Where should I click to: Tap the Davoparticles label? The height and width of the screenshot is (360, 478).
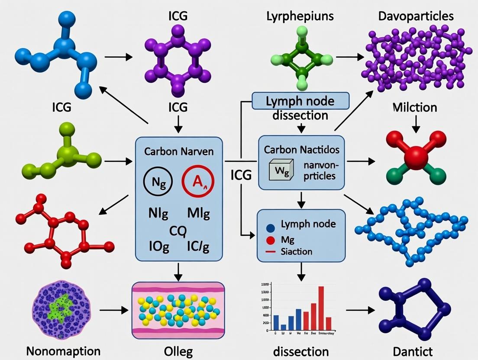pyautogui.click(x=416, y=16)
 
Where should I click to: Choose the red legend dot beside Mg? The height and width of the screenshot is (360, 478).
pyautogui.click(x=271, y=240)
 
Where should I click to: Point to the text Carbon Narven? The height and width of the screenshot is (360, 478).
pyautogui.click(x=179, y=152)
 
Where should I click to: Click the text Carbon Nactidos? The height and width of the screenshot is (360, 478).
pyautogui.click(x=302, y=150)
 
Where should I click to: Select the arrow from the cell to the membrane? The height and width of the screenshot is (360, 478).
pyautogui.click(x=113, y=310)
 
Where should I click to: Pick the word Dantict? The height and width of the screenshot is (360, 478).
pyautogui.click(x=416, y=350)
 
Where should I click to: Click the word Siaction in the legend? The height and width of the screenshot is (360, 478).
pyautogui.click(x=297, y=251)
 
